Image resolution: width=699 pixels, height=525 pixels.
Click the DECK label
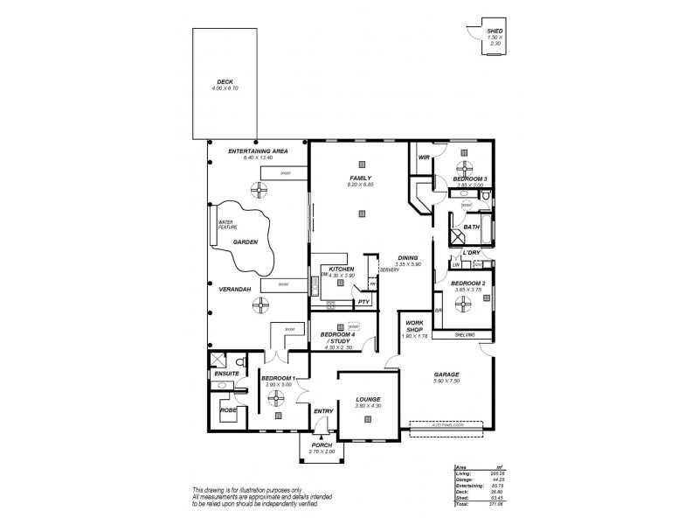tap(225, 83)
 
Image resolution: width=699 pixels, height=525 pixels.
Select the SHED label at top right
tap(494, 32)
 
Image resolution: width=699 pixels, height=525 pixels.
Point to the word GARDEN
tap(245, 241)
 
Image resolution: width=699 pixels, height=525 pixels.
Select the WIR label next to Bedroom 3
tap(425, 158)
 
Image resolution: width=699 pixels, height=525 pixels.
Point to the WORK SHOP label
tap(414, 326)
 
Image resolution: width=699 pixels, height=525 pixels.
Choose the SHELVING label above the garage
tap(464, 335)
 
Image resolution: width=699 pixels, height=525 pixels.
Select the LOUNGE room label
tap(368, 399)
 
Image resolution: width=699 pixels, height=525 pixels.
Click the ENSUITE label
tap(226, 374)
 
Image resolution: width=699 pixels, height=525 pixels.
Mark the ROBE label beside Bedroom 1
tap(228, 409)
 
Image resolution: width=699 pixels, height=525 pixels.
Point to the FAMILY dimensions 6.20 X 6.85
tap(360, 185)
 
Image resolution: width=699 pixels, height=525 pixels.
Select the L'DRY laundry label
tap(471, 253)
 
